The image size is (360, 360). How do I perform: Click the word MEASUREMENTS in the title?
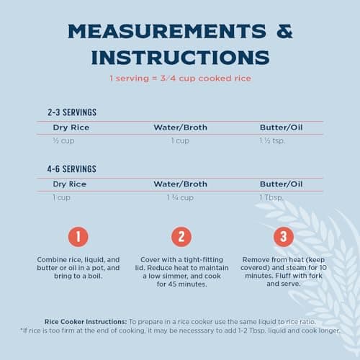pyautogui.click(x=167, y=31)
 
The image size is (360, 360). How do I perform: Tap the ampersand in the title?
pyautogui.click(x=284, y=31)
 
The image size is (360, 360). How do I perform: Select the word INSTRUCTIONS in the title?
pyautogui.click(x=181, y=58)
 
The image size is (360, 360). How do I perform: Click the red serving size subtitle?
pyautogui.click(x=181, y=78)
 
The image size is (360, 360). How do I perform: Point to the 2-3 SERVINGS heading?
pyautogui.click(x=72, y=112)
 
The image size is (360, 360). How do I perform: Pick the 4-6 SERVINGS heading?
pyautogui.click(x=72, y=169)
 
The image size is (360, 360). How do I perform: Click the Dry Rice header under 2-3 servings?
pyautogui.click(x=71, y=127)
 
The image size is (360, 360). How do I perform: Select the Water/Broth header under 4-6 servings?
pyautogui.click(x=181, y=184)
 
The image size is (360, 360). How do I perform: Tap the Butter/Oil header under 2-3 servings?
pyautogui.click(x=282, y=127)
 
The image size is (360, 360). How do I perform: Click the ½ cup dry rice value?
pyautogui.click(x=63, y=140)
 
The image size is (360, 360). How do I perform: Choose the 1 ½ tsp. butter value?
pyautogui.click(x=272, y=140)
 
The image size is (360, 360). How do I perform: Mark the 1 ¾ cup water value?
pyautogui.click(x=180, y=197)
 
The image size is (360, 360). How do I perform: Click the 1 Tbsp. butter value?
pyautogui.click(x=271, y=197)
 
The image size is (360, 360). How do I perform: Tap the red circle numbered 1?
pyautogui.click(x=78, y=237)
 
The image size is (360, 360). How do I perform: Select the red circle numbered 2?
pyautogui.click(x=181, y=237)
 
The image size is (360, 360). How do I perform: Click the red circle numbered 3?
pyautogui.click(x=284, y=237)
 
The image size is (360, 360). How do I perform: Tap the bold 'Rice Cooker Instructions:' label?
pyautogui.click(x=86, y=322)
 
